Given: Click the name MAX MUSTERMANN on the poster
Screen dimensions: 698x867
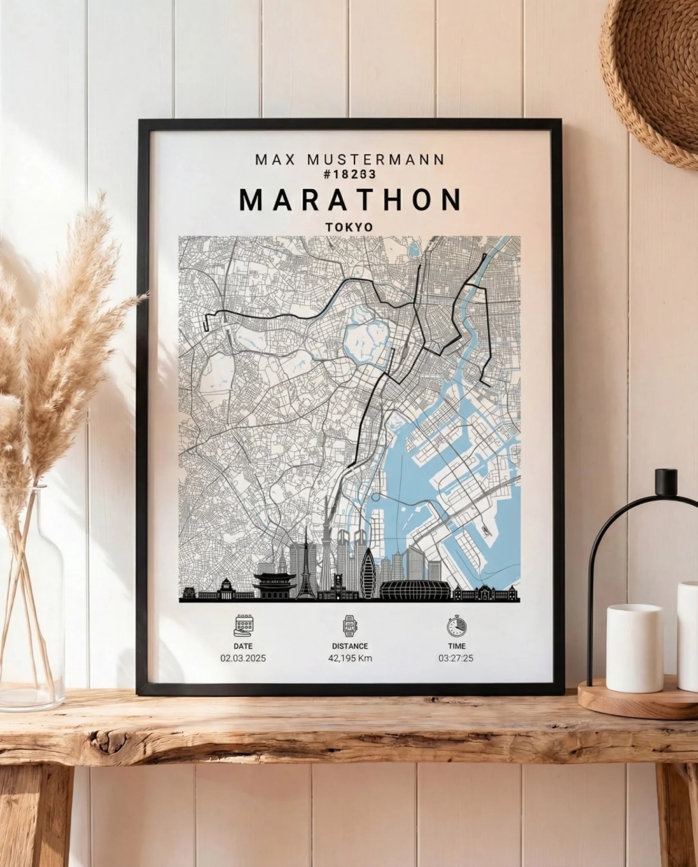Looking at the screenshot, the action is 349,160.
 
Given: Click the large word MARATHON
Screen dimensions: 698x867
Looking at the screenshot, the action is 350,200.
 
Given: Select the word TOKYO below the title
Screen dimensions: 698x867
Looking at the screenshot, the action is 349,227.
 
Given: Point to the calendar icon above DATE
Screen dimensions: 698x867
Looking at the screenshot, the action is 243,626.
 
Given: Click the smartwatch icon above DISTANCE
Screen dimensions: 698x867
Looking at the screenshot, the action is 350,626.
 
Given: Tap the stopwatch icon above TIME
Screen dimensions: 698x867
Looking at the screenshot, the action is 456,626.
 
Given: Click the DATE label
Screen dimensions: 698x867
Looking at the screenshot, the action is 243,646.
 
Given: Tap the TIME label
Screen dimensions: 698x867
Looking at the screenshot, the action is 456,646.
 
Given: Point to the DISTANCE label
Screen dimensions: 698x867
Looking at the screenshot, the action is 350,646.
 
